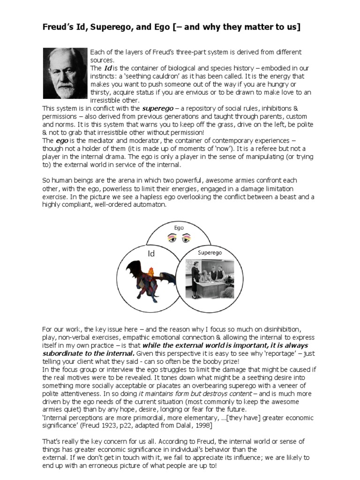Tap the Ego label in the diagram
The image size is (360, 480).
(x=179, y=228)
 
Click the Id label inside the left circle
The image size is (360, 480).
(x=151, y=254)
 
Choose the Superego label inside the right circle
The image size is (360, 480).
(x=209, y=252)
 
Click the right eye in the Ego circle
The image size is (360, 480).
(x=186, y=239)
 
